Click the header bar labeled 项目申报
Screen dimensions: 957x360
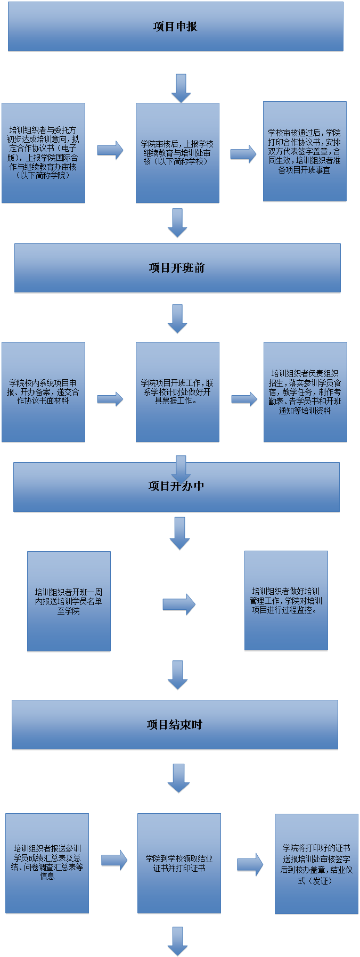[x=175, y=27]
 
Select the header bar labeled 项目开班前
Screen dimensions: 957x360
[x=177, y=268]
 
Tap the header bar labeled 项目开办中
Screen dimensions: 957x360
[x=176, y=487]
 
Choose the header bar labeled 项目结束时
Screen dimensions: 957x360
[x=175, y=724]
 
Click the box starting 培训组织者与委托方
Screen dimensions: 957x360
[x=43, y=153]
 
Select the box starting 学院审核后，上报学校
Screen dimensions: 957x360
[x=177, y=153]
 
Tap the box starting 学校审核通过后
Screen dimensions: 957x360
[x=305, y=151]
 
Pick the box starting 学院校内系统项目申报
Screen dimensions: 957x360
[x=43, y=392]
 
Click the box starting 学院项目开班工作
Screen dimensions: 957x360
[x=177, y=392]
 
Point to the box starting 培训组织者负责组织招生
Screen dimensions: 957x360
[x=305, y=392]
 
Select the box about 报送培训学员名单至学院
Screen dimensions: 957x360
[x=69, y=601]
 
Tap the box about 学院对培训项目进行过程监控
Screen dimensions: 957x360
[x=286, y=600]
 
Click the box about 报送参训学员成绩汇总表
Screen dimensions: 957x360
[x=47, y=863]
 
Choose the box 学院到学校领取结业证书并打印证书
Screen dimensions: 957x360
[x=179, y=863]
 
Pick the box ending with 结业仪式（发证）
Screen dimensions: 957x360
[x=316, y=863]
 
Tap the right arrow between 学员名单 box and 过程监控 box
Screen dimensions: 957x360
[x=179, y=604]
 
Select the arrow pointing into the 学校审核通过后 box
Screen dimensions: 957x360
[x=243, y=153]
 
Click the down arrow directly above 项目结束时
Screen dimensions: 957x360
[x=178, y=675]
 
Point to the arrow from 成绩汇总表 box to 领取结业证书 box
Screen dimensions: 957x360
[x=114, y=860]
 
